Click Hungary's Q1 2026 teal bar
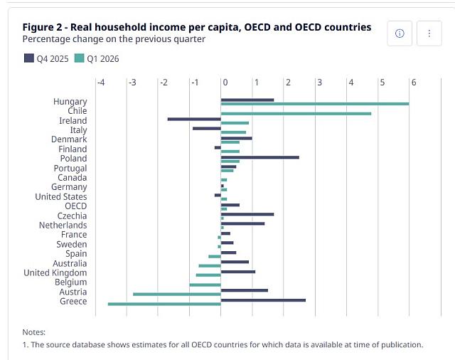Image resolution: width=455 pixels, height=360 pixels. tap(315, 104)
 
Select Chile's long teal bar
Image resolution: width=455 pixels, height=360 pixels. tap(296, 114)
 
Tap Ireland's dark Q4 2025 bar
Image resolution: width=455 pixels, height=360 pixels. tap(194, 119)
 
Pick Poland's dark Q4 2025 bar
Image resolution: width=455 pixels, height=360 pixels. tap(260, 157)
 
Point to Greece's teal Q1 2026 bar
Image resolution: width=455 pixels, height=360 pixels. tap(164, 304)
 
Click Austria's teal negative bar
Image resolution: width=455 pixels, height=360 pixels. tap(177, 294)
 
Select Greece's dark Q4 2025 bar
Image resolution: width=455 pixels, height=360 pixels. tap(263, 300)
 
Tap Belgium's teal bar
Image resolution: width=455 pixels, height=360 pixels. tap(205, 285)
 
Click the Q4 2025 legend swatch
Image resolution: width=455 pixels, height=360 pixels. tap(29, 58)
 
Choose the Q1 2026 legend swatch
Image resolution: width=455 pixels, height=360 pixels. tap(79, 58)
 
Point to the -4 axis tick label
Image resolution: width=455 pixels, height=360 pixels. tap(101, 83)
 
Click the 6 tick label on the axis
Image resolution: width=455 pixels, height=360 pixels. tap(414, 83)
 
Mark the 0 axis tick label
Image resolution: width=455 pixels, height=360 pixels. tap(225, 83)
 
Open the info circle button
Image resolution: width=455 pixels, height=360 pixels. tap(400, 33)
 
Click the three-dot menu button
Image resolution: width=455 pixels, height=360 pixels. tap(429, 33)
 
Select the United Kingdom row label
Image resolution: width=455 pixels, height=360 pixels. tap(55, 273)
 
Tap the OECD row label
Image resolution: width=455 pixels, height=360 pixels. tap(76, 206)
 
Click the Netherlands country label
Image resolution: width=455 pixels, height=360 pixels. tap(63, 226)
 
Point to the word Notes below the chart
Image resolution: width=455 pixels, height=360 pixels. tap(34, 332)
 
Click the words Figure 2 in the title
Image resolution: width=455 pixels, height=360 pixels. tap(43, 27)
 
